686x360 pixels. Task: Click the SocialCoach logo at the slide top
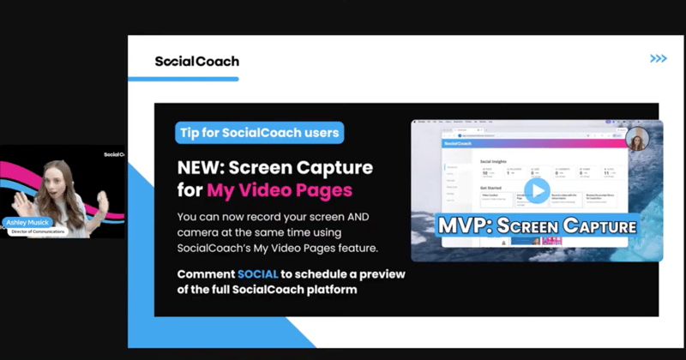click(196, 61)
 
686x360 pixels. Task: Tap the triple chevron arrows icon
click(658, 58)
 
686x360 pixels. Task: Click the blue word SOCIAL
click(264, 274)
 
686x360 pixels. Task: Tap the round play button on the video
click(536, 191)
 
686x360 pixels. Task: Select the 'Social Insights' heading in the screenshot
click(492, 159)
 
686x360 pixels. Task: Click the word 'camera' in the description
click(202, 232)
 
